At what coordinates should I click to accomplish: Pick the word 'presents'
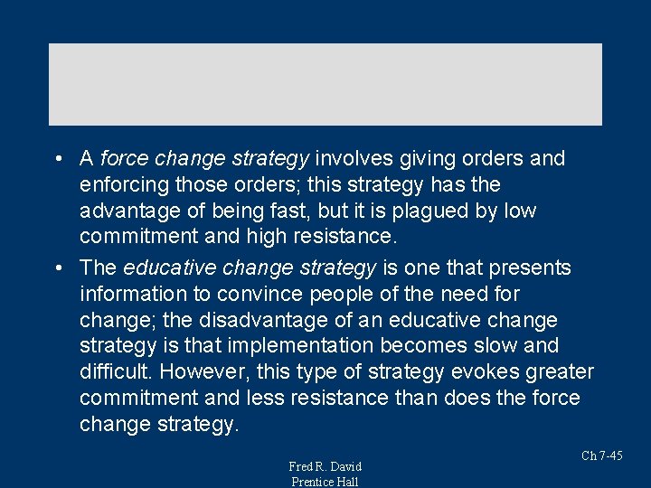tap(529, 268)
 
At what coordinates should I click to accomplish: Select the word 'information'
tap(129, 294)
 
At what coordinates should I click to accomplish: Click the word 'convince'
tap(265, 294)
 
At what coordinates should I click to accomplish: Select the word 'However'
tap(221, 372)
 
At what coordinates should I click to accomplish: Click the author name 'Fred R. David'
tap(325, 466)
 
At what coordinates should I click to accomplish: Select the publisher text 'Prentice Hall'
tap(325, 482)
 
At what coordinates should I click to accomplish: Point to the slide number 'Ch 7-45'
tap(601, 455)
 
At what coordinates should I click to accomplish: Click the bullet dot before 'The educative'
tap(57, 268)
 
